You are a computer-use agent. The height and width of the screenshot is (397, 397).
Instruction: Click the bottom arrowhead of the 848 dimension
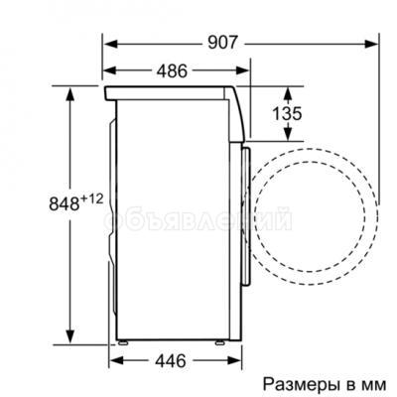point(70,338)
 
